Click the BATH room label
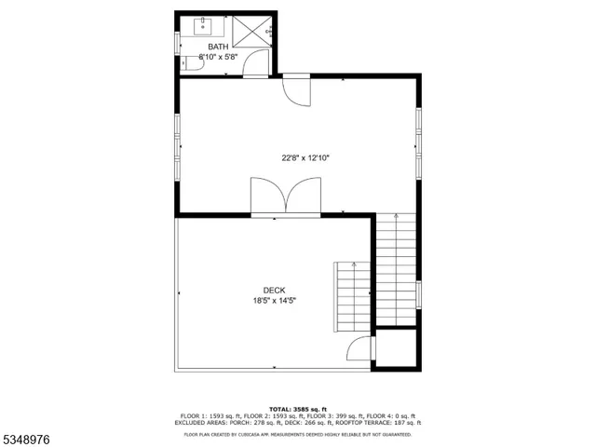(217, 47)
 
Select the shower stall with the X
(250, 31)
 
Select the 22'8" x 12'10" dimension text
(306, 157)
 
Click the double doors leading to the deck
(285, 198)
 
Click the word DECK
(274, 290)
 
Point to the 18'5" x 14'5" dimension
(274, 301)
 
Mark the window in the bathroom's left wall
(179, 44)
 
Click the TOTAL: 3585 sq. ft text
(298, 409)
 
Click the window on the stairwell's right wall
(419, 292)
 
